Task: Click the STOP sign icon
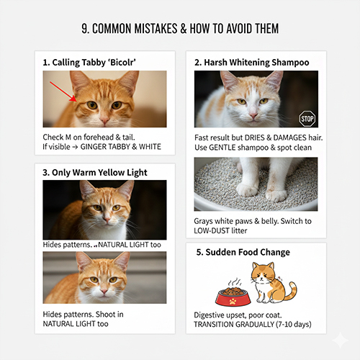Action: pos(307,119)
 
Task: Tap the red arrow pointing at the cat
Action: pos(63,91)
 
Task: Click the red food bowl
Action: pos(233,297)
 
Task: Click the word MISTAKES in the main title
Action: pos(156,29)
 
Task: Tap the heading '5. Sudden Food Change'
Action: pos(243,252)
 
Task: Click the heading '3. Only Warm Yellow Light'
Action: pos(95,173)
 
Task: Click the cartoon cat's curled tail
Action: pos(292,291)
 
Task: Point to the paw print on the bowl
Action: pos(233,301)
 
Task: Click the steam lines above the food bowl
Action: pos(235,282)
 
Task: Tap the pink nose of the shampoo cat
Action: pos(253,115)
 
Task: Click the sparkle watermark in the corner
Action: pos(341,340)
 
